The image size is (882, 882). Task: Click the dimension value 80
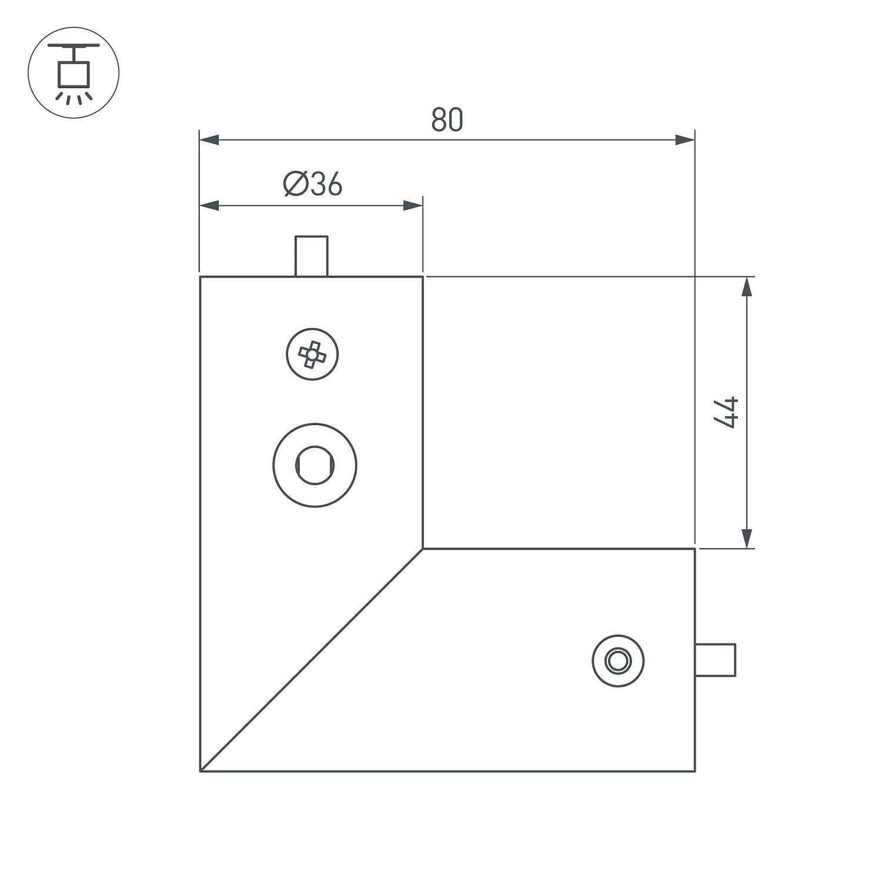coord(447,119)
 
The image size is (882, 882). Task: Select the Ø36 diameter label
coord(312,184)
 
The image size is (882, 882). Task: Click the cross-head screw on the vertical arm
coord(312,354)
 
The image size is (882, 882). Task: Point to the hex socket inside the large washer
coord(315,465)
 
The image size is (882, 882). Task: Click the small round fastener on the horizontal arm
coord(618,660)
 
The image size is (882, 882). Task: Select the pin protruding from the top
coord(311,256)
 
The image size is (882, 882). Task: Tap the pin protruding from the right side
coord(716,660)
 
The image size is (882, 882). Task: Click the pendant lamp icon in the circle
coord(73,72)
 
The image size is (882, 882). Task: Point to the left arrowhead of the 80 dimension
coord(209,140)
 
